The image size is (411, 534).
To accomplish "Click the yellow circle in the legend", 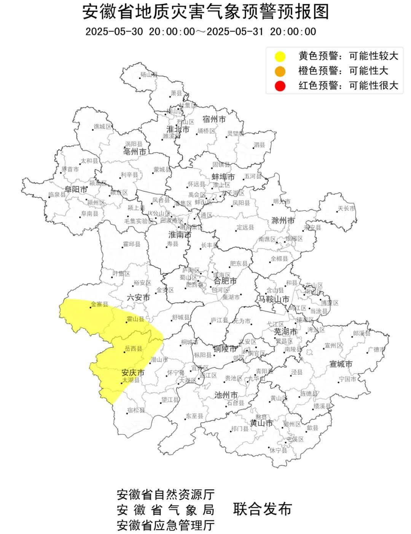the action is click(x=280, y=57).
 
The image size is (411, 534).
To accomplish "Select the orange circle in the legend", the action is click(x=280, y=71).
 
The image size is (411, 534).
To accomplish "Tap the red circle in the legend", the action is click(x=280, y=86).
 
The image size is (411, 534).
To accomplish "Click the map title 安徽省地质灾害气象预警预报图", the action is click(x=205, y=12).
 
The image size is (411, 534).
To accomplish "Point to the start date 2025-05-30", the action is click(x=114, y=32).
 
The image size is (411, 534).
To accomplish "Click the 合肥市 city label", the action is click(x=225, y=281).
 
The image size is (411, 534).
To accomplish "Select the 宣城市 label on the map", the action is click(x=341, y=364).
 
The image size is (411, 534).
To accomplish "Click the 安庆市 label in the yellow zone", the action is click(x=133, y=372).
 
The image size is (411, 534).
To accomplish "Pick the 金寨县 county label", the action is click(x=100, y=304).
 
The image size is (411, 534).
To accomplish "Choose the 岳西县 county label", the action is click(x=134, y=348).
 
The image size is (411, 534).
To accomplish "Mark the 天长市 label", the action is click(x=347, y=208).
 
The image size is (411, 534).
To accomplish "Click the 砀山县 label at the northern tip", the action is click(x=149, y=75).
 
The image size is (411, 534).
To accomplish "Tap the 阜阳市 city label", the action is click(x=76, y=189).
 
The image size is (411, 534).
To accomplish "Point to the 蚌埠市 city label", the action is click(x=223, y=177).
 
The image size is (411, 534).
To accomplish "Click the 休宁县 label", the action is click(x=279, y=450).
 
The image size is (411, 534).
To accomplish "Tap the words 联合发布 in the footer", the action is click(x=262, y=509).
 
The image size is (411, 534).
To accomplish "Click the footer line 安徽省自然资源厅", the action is click(x=166, y=494).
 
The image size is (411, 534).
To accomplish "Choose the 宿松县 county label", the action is click(x=136, y=410).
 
